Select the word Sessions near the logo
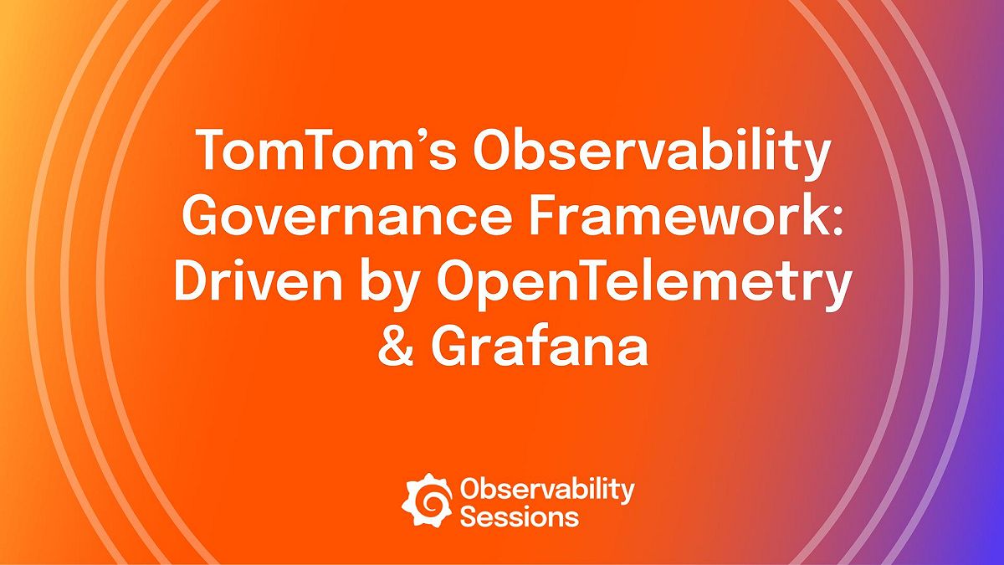coord(519,516)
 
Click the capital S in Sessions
coord(469,516)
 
